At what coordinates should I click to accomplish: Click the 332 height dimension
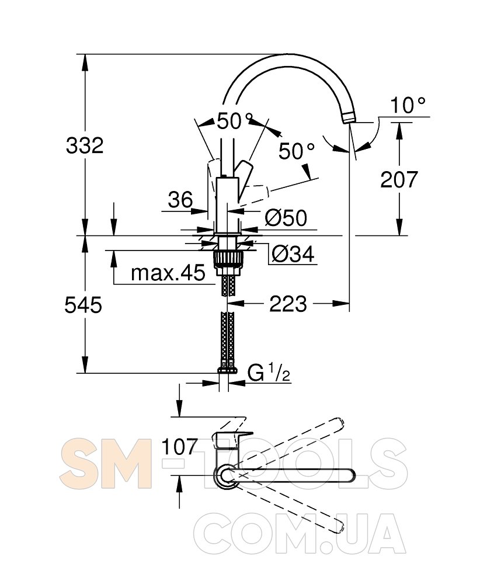(x=85, y=145)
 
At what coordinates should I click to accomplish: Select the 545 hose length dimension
(x=83, y=305)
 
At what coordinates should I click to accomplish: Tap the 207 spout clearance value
(x=399, y=179)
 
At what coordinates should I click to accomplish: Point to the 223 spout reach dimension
(x=288, y=304)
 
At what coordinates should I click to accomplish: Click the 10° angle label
(x=408, y=105)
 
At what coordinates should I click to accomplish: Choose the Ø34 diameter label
(x=293, y=254)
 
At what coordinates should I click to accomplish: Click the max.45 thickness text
(x=168, y=273)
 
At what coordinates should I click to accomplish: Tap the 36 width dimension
(x=180, y=200)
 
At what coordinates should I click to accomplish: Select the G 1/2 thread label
(x=269, y=373)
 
